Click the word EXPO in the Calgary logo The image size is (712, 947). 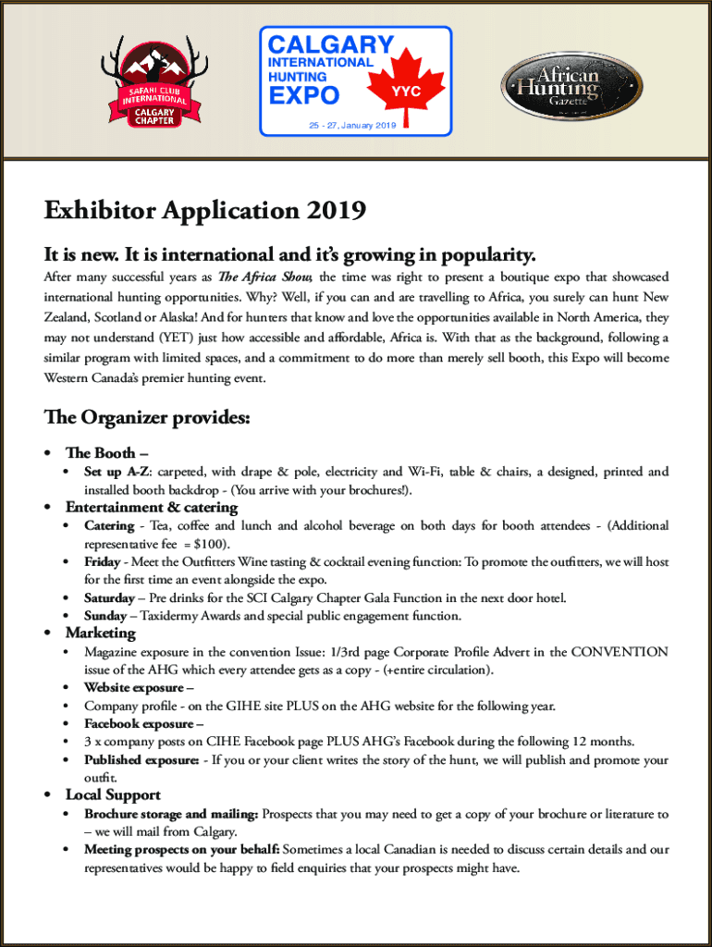click(x=304, y=96)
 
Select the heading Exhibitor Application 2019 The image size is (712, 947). click(x=205, y=212)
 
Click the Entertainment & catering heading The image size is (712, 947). click(x=152, y=507)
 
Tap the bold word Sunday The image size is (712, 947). click(x=105, y=615)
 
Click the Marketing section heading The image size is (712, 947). click(x=100, y=633)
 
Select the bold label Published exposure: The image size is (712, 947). click(x=141, y=760)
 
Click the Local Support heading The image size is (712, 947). click(x=113, y=794)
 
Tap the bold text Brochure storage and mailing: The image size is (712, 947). click(x=171, y=814)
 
